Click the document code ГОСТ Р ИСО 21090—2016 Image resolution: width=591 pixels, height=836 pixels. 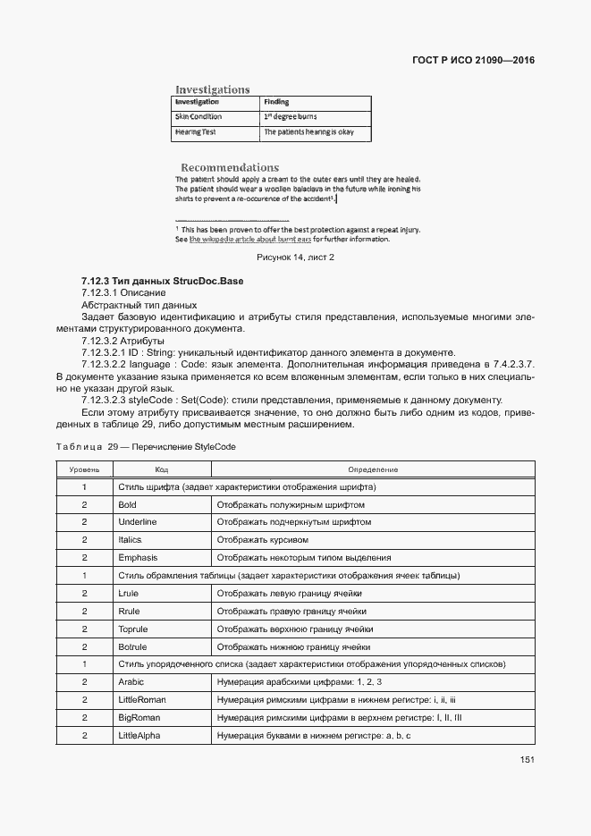point(478,61)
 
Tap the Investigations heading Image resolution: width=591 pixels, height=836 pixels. point(212,89)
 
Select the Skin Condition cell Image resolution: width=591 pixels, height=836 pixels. point(198,117)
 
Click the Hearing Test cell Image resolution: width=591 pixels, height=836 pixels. point(196,132)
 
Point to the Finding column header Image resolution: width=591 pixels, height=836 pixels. point(276,102)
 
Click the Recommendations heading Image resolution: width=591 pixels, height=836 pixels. point(230,167)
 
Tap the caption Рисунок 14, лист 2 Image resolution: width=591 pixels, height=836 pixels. point(295,258)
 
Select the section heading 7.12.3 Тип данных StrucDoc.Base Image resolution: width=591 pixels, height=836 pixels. point(162,281)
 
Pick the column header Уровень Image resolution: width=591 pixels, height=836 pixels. point(84,469)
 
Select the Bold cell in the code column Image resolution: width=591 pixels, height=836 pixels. point(127,504)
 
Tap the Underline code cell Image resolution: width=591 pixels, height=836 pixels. point(137,522)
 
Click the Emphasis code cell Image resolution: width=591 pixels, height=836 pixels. point(138,558)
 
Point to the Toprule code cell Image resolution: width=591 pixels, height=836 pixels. point(134,629)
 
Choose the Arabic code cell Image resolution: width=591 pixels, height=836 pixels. point(131,682)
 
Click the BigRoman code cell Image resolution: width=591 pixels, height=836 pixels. point(139,718)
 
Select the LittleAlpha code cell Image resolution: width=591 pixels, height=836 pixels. point(139,736)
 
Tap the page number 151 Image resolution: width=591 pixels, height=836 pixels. point(527,760)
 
